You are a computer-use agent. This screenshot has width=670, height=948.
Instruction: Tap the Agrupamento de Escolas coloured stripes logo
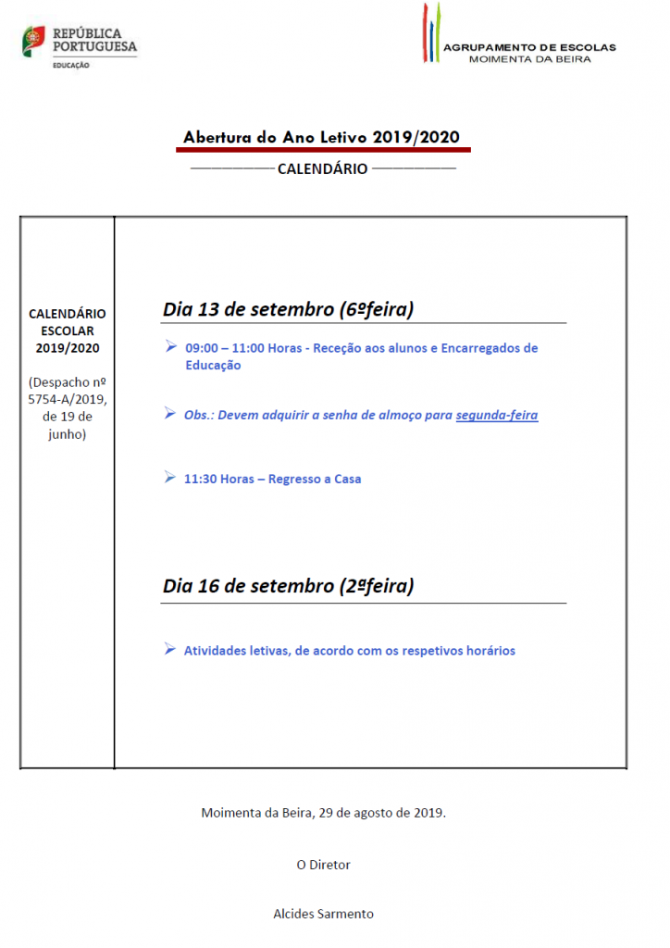pos(431,32)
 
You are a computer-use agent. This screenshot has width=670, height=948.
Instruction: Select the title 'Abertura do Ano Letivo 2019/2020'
pos(321,137)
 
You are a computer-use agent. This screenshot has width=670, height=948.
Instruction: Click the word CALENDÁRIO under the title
pos(322,168)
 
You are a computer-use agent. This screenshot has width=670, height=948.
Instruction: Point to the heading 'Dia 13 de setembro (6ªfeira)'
pos(288,309)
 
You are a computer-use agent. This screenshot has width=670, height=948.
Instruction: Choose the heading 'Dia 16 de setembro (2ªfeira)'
pos(288,586)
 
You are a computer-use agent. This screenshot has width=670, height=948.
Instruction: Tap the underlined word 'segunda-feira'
pos(497,415)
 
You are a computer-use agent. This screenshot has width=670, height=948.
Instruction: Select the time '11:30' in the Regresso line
pos(200,480)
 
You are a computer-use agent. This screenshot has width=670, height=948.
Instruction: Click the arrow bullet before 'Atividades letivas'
pos(169,649)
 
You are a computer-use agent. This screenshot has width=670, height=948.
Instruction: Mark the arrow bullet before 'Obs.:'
pos(169,413)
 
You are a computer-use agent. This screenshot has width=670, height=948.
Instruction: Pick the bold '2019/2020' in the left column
pos(68,348)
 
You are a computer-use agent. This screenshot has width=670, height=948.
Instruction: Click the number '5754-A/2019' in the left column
pos(68,399)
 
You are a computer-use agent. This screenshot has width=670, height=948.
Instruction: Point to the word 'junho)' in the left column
pos(68,433)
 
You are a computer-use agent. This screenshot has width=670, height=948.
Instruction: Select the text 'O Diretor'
pos(323,865)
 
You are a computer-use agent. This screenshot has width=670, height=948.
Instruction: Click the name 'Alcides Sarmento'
pos(323,914)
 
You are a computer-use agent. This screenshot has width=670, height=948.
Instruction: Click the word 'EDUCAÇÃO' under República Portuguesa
pos(71,65)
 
